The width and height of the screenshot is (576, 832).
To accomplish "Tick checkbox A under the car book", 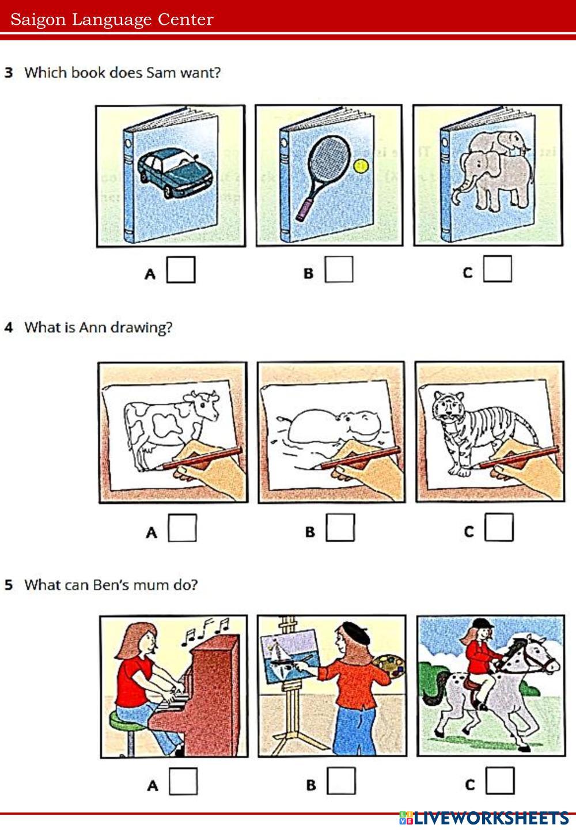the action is coord(181,270).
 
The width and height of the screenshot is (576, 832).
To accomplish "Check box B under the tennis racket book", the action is coord(339,269).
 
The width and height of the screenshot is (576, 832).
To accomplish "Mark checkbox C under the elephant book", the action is coord(498,268).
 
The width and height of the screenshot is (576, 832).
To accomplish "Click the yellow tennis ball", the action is coord(361,166).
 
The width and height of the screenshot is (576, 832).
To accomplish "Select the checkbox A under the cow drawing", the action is coord(183,527).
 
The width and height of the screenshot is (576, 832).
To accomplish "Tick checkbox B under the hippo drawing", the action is coord(340,527).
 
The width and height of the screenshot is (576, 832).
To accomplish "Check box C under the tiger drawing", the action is coord(499,527).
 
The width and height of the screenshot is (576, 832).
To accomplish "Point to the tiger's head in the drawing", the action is coord(448,406).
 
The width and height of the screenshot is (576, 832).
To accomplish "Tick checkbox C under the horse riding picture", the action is coord(500,781).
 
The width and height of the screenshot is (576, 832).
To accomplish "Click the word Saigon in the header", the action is coord(38,20).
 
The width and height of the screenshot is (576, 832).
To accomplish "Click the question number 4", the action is coord(9,327).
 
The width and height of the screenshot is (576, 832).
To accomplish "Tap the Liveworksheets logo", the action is coord(484,818).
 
